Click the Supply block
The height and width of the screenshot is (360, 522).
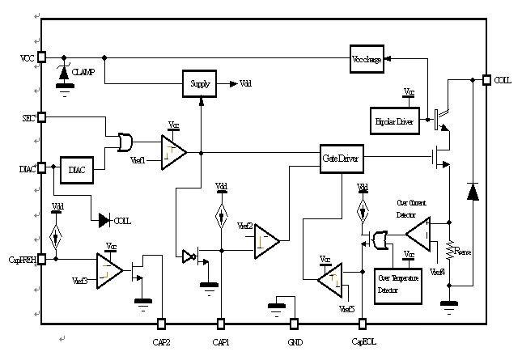pos(200,83)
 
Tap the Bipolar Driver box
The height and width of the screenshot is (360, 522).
pos(396,121)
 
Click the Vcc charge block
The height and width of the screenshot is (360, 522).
pos(365,59)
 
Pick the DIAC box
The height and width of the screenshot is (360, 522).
pos(78,169)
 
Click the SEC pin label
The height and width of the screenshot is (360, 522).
pos(28,118)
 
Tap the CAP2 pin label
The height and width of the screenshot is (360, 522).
pos(162,342)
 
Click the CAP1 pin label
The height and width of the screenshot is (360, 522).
pos(221,342)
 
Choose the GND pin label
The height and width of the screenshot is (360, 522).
pos(295,342)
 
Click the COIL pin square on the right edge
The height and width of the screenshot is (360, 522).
pos(486,80)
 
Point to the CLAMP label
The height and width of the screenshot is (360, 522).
pos(83,72)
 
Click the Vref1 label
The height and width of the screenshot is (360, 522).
pos(138,161)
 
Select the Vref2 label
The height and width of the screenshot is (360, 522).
pos(244,226)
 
